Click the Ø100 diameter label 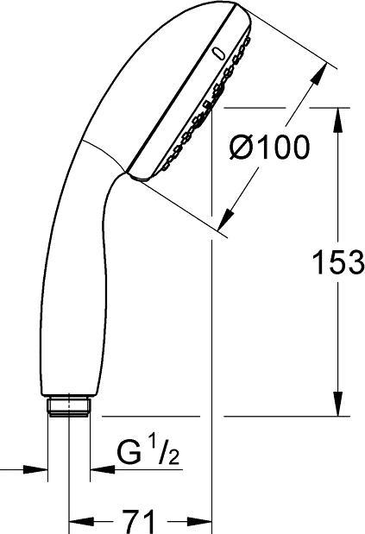pos(269,148)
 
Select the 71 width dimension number pos(139,520)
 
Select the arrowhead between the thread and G pos(96,469)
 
